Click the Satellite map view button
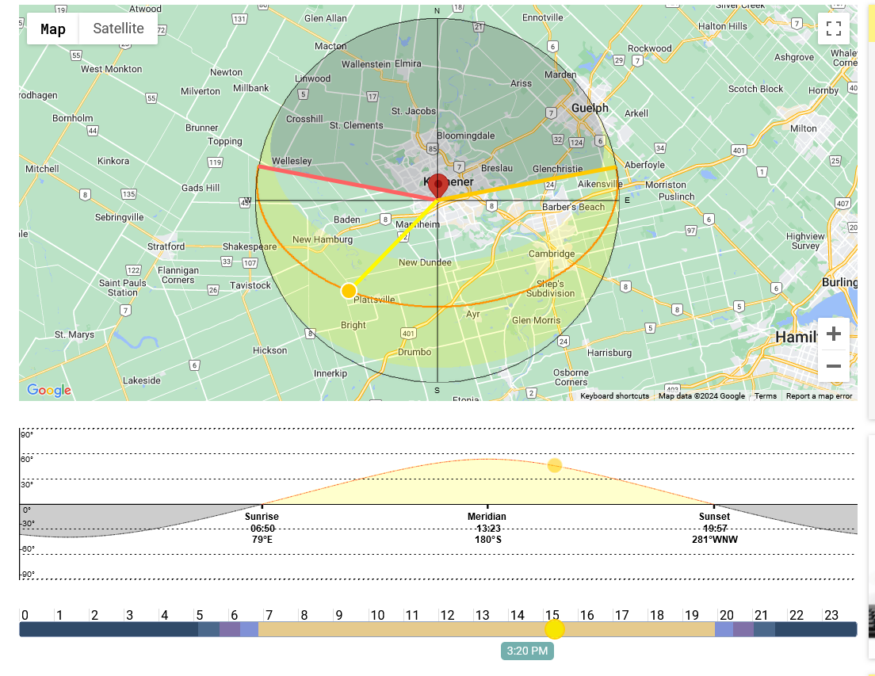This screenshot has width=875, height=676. (x=118, y=29)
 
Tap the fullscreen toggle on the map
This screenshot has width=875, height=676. (x=833, y=29)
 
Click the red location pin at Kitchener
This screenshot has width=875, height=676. (x=437, y=184)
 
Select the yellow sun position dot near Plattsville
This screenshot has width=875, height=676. (x=349, y=291)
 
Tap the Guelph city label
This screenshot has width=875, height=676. (x=590, y=108)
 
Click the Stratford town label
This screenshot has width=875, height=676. (x=166, y=246)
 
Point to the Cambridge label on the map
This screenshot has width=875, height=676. (x=552, y=254)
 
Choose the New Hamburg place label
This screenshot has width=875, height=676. (x=323, y=239)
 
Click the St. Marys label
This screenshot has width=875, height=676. (x=75, y=334)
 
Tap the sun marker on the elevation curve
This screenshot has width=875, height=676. (x=555, y=465)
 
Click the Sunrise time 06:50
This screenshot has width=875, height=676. (x=262, y=529)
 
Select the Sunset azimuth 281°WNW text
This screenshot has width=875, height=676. (x=714, y=540)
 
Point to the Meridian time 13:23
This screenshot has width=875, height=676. (x=487, y=529)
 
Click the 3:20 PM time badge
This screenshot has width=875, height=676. (x=527, y=651)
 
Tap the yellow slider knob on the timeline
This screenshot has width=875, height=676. (x=555, y=629)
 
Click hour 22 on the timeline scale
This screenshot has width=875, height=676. (x=797, y=615)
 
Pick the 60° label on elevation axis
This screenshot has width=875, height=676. (x=27, y=460)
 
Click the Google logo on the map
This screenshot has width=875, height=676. (x=49, y=390)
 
